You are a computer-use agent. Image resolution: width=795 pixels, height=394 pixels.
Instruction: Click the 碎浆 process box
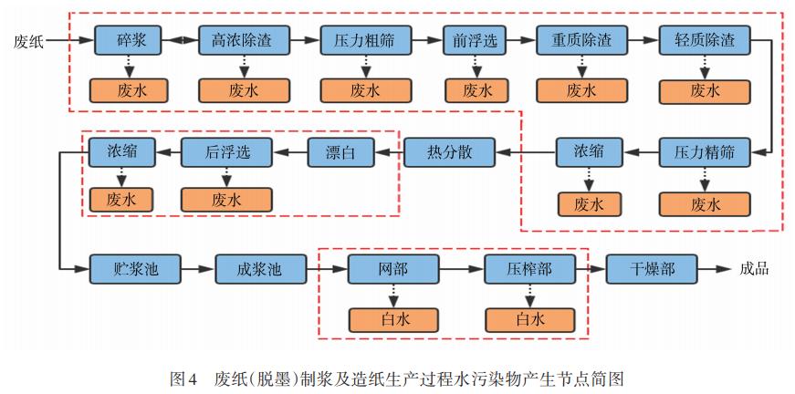[127, 40]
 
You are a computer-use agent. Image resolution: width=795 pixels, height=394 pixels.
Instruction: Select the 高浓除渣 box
[244, 40]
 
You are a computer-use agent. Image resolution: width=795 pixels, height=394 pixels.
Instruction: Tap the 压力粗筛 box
[365, 40]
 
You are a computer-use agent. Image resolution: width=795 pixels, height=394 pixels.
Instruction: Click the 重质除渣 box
[581, 40]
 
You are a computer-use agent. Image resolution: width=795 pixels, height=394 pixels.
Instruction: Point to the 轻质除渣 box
[704, 40]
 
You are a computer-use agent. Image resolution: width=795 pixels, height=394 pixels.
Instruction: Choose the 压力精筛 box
[704, 151]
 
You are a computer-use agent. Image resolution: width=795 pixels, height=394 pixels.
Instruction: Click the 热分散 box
[448, 151]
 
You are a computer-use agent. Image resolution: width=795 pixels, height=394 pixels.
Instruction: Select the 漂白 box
[340, 151]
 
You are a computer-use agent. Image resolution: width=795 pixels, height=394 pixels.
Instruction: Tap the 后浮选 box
[226, 151]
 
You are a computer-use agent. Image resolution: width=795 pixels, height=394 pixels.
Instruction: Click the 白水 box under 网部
[393, 319]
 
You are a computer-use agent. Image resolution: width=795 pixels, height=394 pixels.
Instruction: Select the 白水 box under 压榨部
[528, 319]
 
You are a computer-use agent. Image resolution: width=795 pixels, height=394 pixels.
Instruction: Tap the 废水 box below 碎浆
[127, 90]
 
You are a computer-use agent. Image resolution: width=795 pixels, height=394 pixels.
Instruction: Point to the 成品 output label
[754, 269]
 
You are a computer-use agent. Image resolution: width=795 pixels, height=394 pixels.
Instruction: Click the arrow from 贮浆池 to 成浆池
[197, 269]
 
